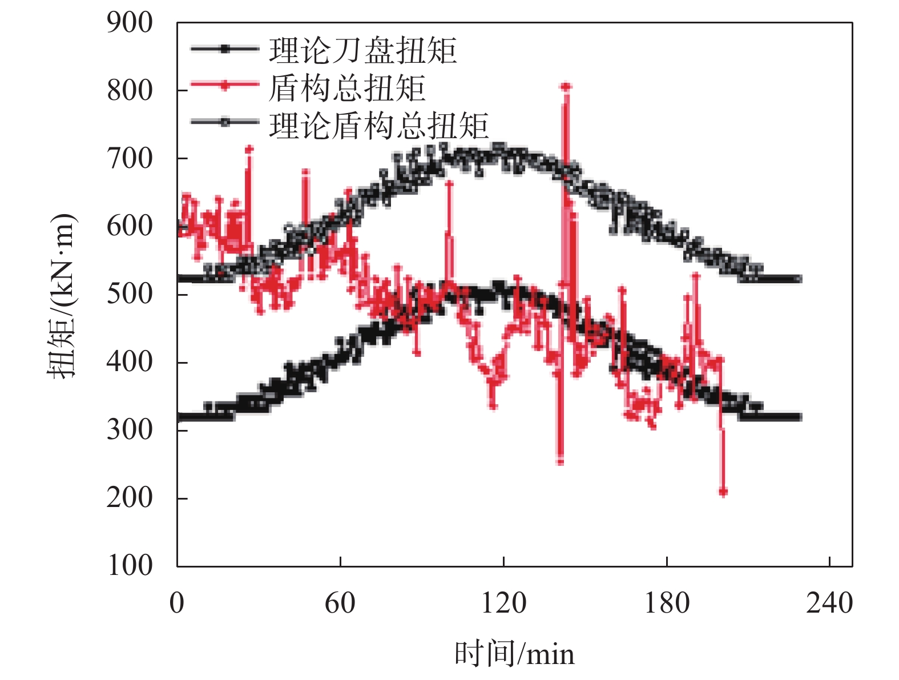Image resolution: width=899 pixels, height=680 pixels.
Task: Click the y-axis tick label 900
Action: pyautogui.click(x=130, y=23)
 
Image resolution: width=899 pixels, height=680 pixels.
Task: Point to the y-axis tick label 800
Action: pyautogui.click(x=130, y=91)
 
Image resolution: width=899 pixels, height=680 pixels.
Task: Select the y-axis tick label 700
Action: pyautogui.click(x=130, y=159)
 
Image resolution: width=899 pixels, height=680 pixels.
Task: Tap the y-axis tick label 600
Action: pyautogui.click(x=130, y=226)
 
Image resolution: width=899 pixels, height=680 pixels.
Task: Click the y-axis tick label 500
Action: pyautogui.click(x=130, y=294)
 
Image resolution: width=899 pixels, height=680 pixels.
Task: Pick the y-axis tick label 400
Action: pyautogui.click(x=130, y=362)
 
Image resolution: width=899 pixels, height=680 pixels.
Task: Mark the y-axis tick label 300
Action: pyautogui.click(x=130, y=429)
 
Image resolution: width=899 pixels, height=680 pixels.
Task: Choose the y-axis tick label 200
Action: pyautogui.click(x=130, y=497)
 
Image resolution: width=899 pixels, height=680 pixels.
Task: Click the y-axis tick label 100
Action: pyautogui.click(x=130, y=565)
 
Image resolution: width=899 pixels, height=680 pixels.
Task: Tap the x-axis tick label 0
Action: pyautogui.click(x=177, y=603)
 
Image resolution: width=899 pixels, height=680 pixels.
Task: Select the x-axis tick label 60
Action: pyautogui.click(x=340, y=603)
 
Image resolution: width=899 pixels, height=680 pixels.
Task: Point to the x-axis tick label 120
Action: pyautogui.click(x=503, y=603)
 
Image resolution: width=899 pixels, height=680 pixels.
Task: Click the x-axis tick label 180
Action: pyautogui.click(x=667, y=603)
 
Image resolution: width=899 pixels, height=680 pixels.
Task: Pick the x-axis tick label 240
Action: pyautogui.click(x=829, y=603)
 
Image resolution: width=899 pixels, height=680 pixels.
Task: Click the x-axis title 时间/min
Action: pyautogui.click(x=514, y=654)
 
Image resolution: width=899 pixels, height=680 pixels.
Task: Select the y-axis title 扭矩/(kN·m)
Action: pyautogui.click(x=62, y=295)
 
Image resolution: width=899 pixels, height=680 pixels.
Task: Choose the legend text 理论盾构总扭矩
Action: pyautogui.click(x=379, y=126)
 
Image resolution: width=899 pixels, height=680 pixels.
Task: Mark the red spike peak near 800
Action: pyautogui.click(x=566, y=87)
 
